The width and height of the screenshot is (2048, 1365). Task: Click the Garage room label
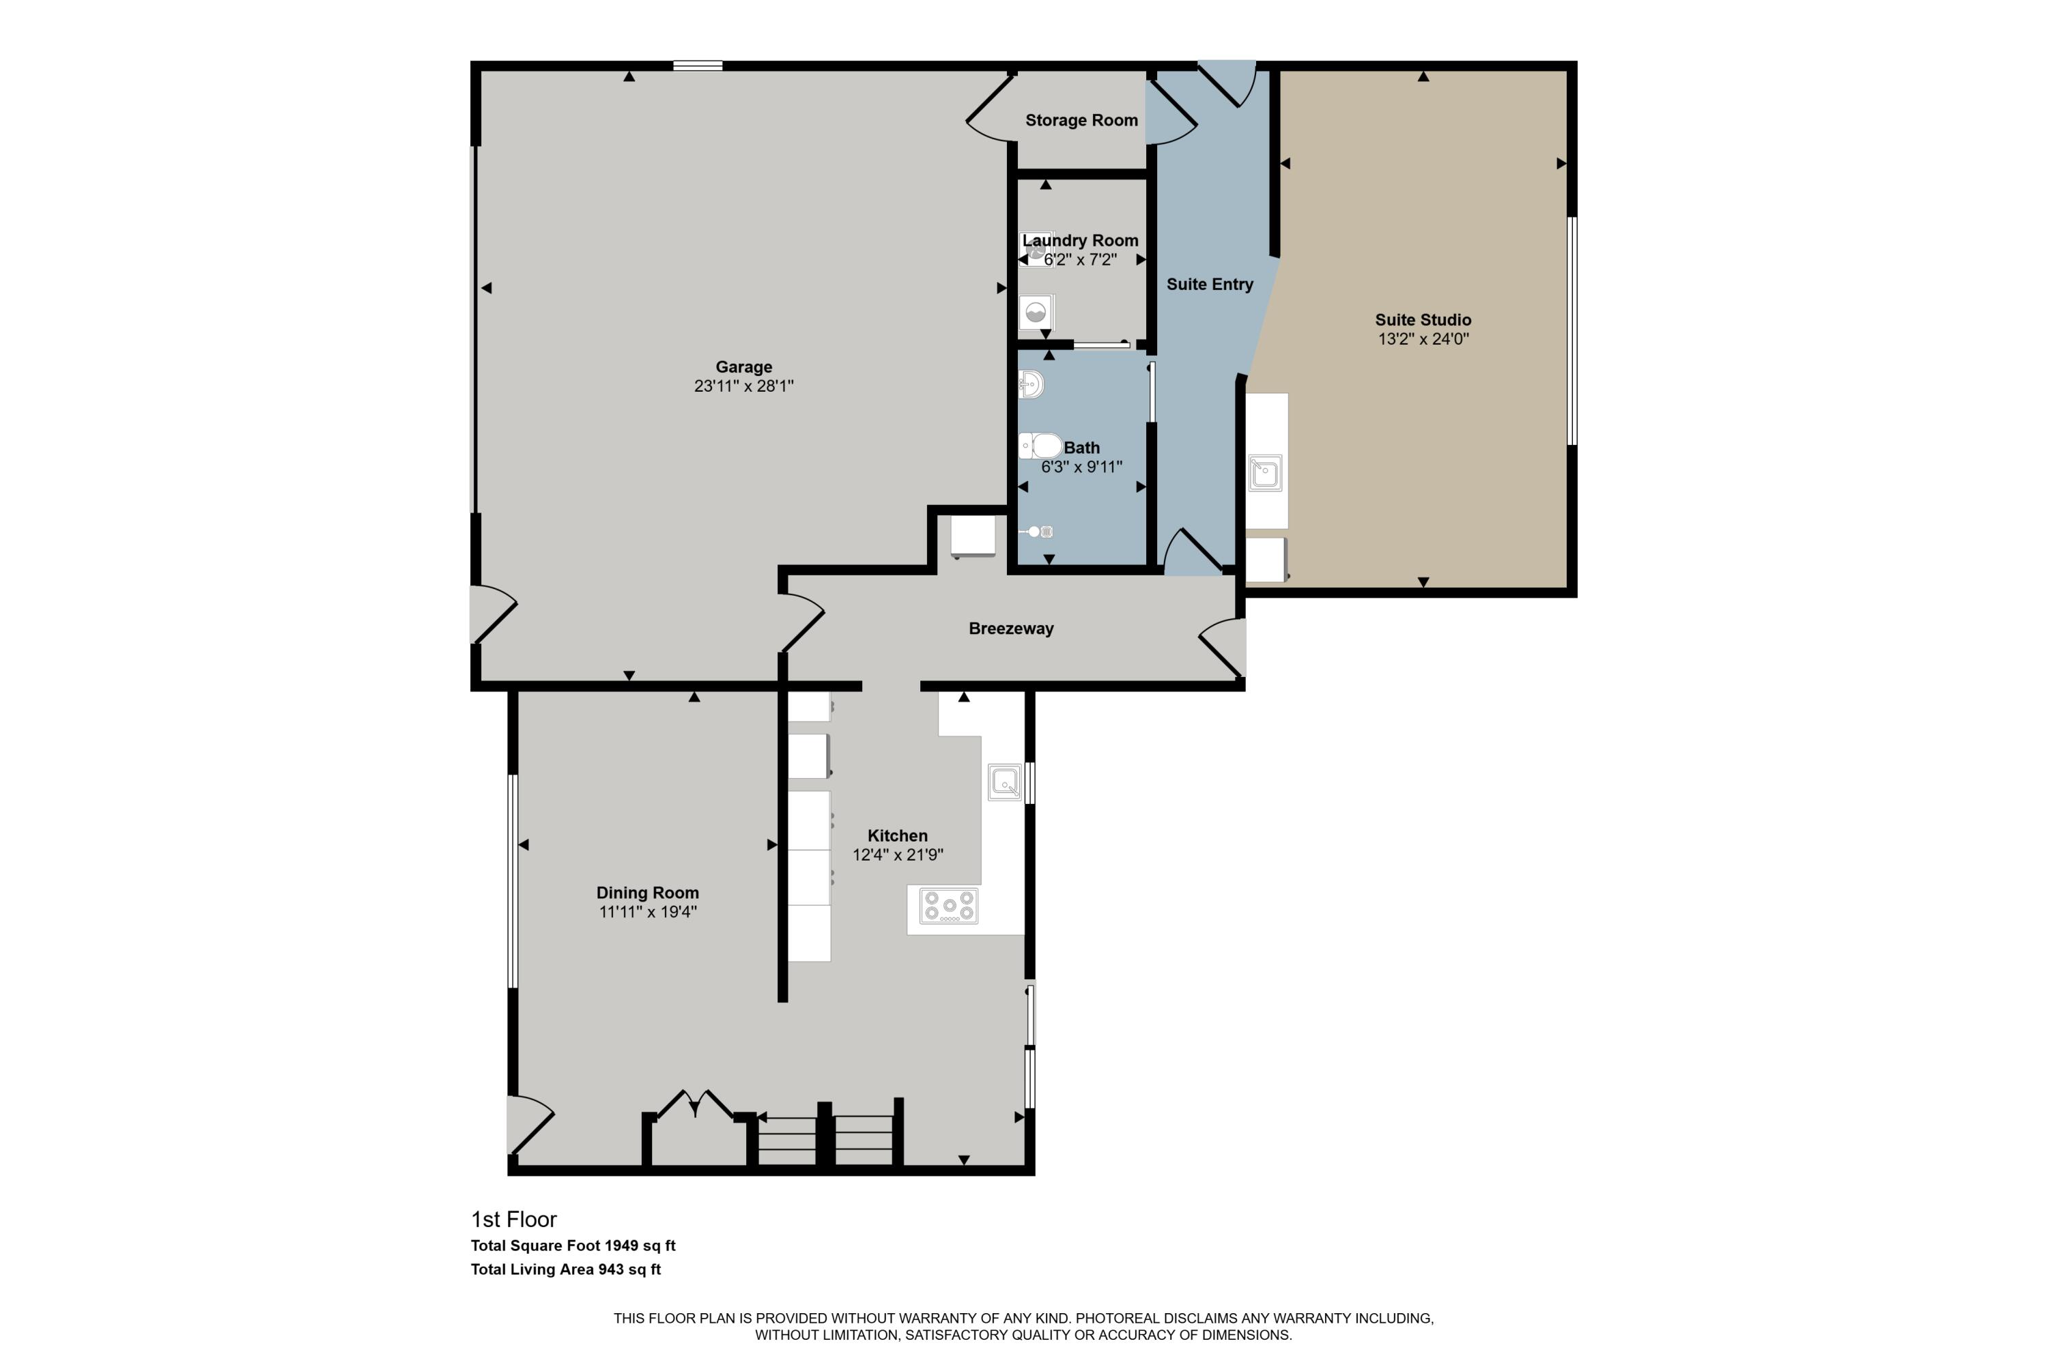743,367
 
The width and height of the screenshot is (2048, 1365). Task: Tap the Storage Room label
1081,121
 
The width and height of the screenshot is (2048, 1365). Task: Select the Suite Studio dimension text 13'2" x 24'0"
1423,339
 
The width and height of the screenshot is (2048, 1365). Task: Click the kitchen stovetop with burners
949,906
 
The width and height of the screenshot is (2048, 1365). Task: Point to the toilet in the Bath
1040,446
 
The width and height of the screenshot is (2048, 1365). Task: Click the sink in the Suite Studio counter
1265,474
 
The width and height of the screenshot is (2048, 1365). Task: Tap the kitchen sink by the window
1005,781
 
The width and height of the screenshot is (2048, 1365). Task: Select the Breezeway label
1011,629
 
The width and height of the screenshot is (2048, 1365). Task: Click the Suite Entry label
1210,285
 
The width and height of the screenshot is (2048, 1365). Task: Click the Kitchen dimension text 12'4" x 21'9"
898,855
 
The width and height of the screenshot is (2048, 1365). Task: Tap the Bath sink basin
1031,384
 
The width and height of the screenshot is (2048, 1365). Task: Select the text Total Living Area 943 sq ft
566,1269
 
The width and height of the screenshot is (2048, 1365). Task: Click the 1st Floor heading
514,1220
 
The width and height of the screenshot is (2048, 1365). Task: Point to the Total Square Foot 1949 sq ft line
573,1246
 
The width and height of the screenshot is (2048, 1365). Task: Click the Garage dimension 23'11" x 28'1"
743,386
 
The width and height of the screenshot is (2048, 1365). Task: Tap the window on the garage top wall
698,66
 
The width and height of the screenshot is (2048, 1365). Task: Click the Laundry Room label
1081,241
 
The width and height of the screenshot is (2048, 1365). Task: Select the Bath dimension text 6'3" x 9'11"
1081,468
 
